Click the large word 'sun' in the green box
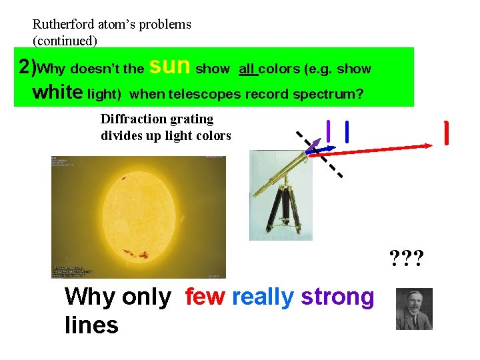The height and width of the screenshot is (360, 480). click(x=171, y=65)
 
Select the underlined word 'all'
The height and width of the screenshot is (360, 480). click(x=248, y=69)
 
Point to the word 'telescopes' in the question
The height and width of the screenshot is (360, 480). click(x=205, y=94)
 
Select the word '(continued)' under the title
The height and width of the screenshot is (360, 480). click(x=65, y=41)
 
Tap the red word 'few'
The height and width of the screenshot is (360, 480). click(x=205, y=297)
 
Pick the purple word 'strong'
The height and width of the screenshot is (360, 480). click(x=337, y=297)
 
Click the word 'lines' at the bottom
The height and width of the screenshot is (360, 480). click(x=91, y=326)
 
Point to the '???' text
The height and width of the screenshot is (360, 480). click(x=407, y=257)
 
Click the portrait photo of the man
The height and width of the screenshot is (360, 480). click(x=414, y=309)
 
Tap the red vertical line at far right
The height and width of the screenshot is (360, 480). click(x=445, y=133)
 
